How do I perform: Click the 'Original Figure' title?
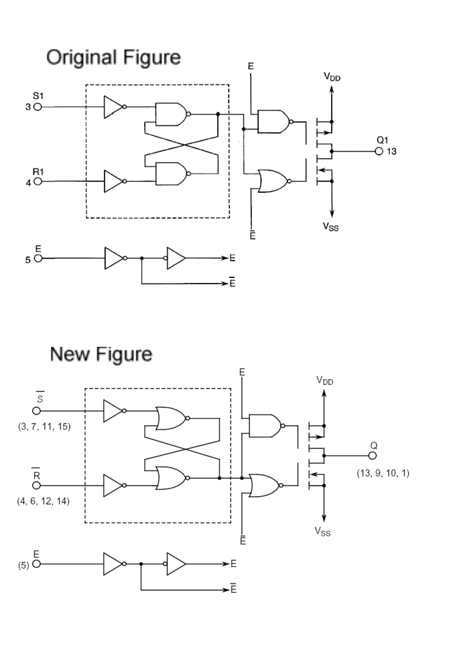click(113, 57)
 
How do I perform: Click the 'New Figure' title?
click(101, 354)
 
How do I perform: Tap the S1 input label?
click(38, 96)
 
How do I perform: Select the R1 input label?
click(38, 172)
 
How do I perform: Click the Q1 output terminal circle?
click(379, 152)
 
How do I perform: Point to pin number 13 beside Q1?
click(392, 152)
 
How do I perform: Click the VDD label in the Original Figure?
click(332, 77)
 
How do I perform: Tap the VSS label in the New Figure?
click(323, 531)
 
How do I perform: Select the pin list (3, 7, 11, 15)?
click(44, 427)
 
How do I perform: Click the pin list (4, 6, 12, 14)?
click(43, 501)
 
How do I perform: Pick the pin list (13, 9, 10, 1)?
click(383, 473)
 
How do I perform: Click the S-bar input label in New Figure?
click(40, 398)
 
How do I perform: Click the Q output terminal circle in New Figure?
click(372, 456)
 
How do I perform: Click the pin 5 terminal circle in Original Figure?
click(38, 259)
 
